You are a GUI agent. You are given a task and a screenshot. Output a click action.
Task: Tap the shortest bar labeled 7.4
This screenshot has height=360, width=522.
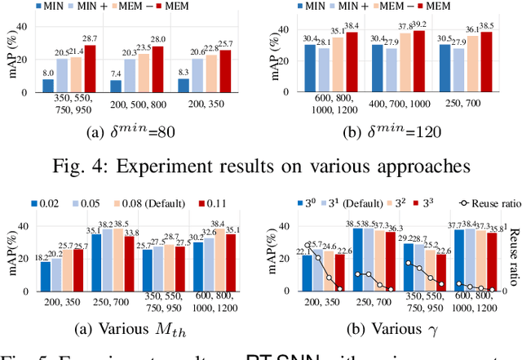click(x=116, y=86)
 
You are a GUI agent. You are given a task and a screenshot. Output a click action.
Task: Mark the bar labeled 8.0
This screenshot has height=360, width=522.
click(x=48, y=85)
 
